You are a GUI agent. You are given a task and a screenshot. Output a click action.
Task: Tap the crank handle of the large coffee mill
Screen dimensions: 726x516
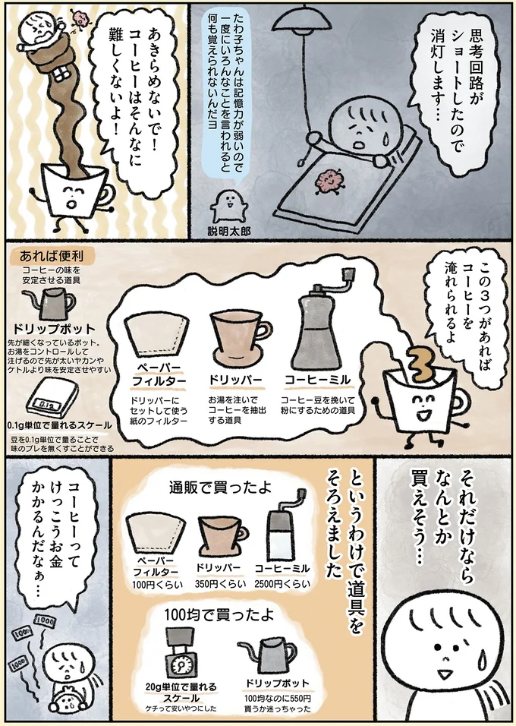pyautogui.click(x=337, y=291)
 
